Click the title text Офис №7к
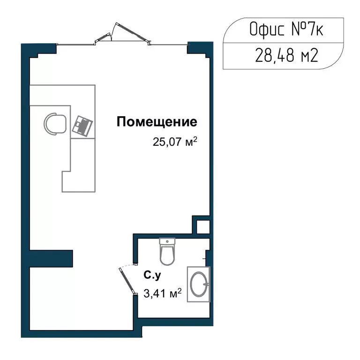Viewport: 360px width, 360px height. (286, 31)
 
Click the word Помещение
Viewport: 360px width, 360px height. (157, 123)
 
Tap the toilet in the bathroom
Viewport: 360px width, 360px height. (167, 253)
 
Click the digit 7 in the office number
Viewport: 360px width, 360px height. (313, 30)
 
